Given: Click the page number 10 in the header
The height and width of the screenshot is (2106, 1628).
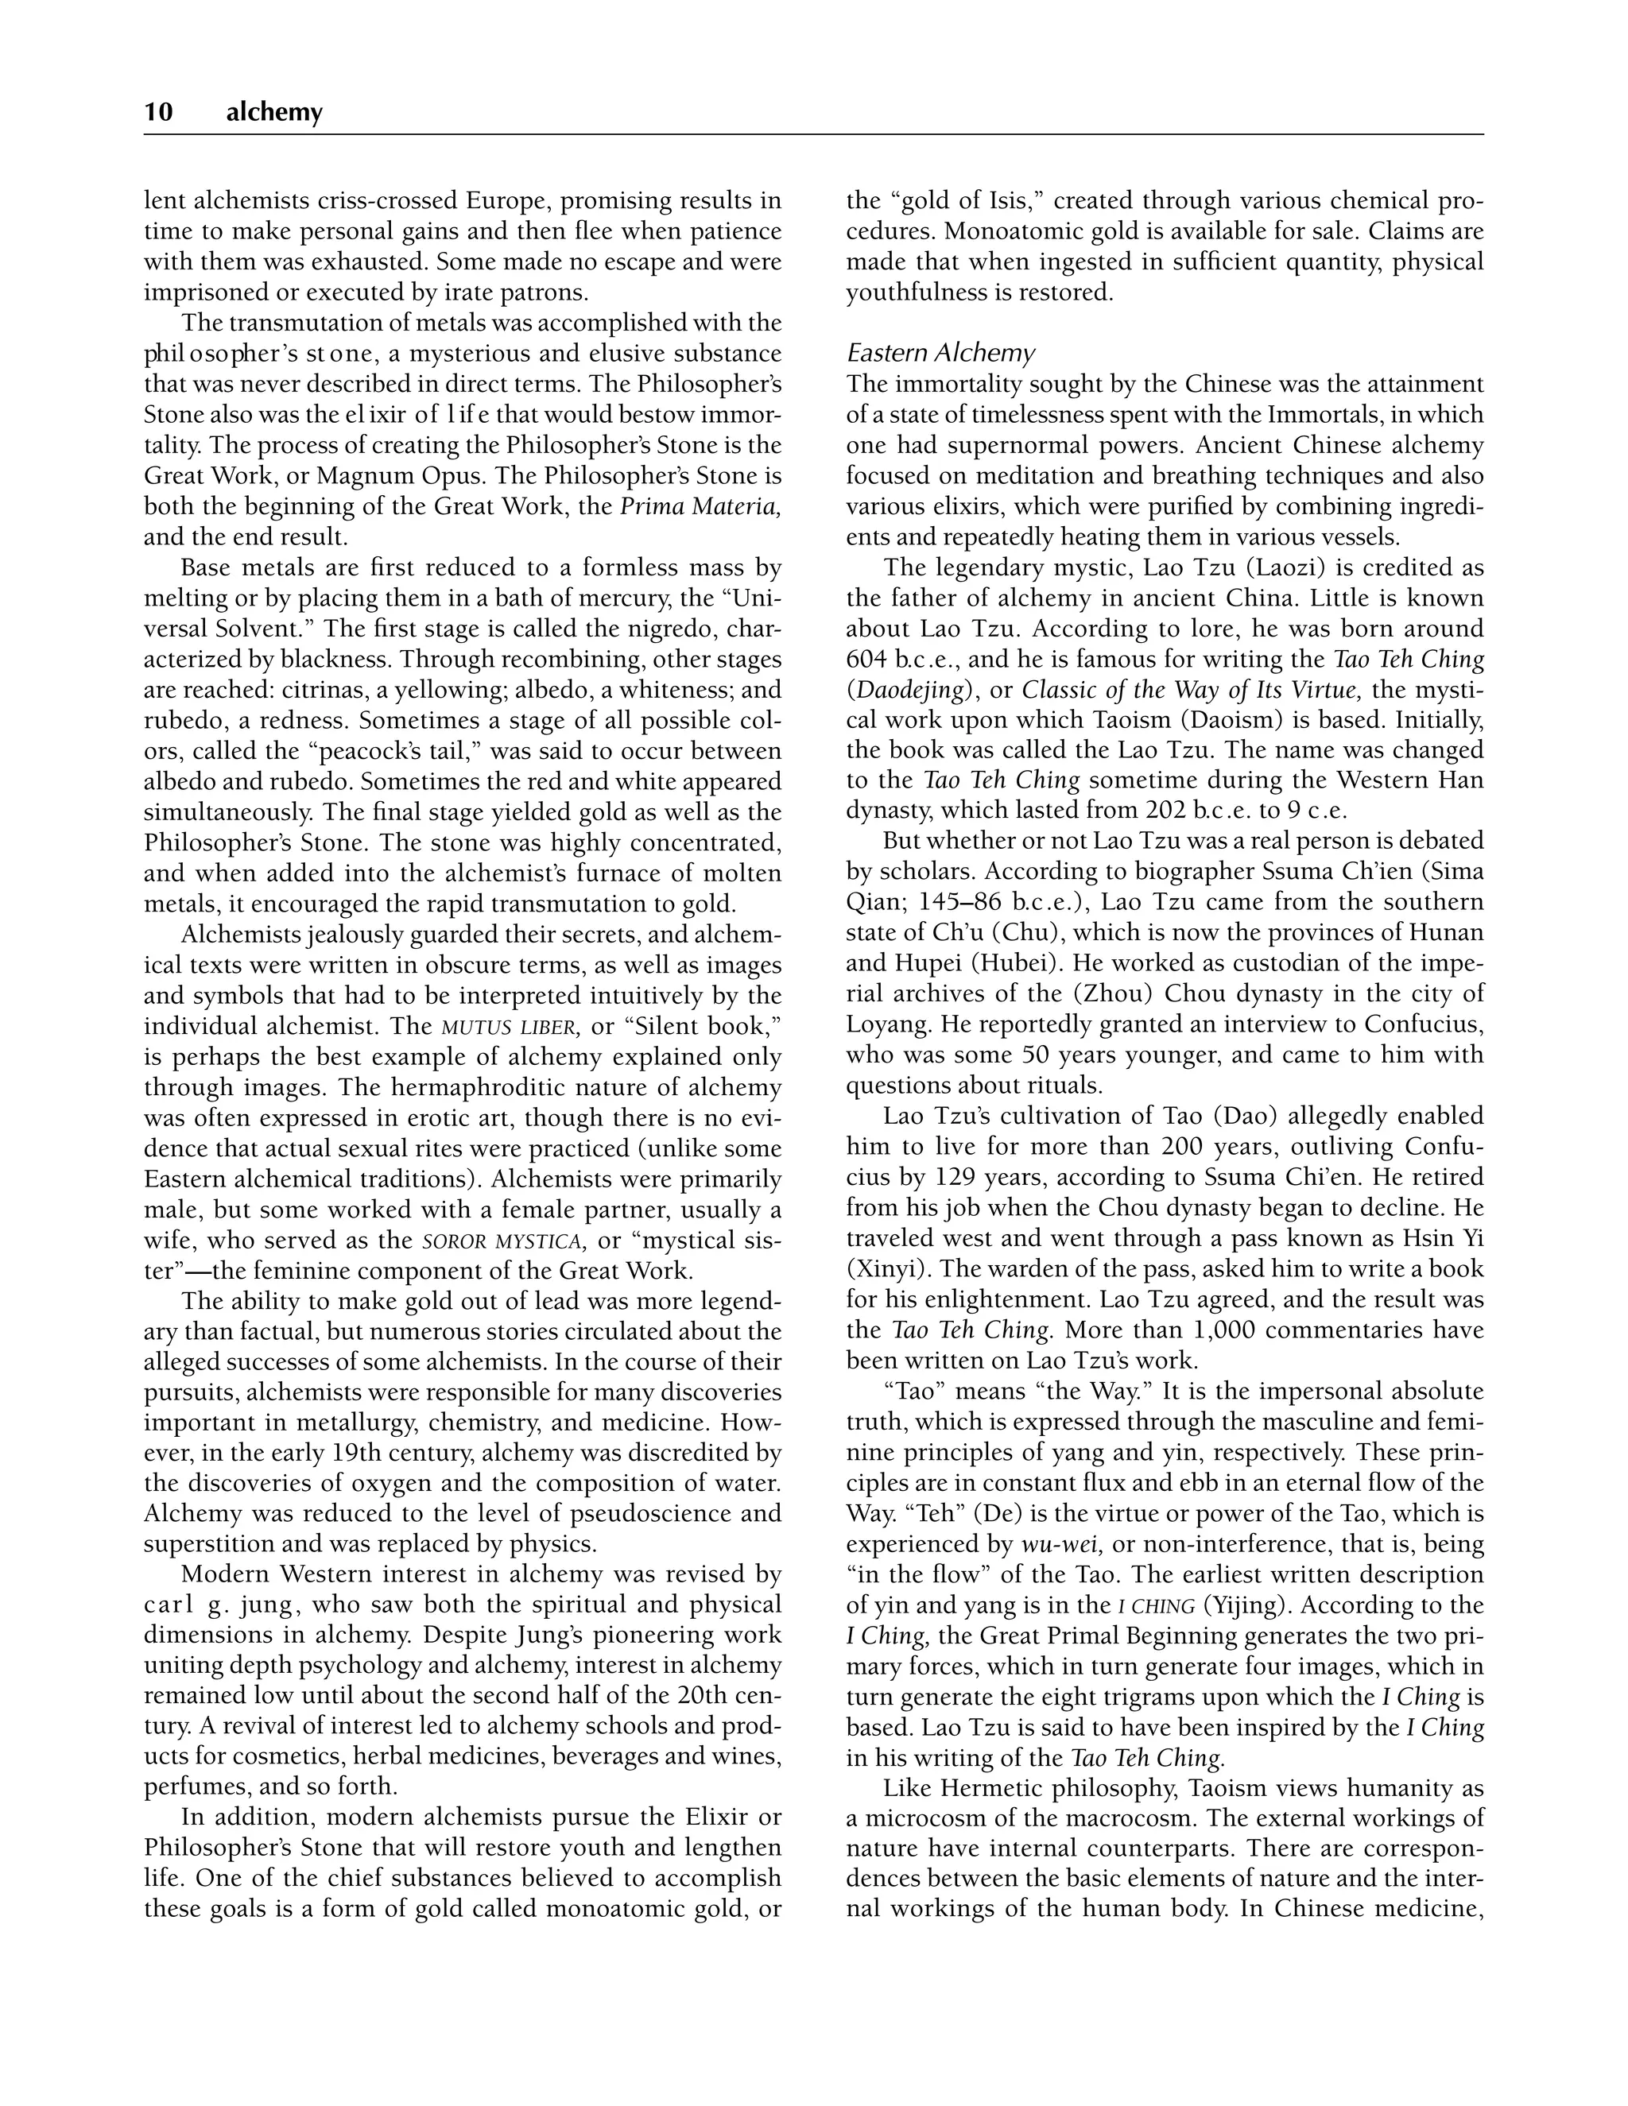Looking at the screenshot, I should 158,113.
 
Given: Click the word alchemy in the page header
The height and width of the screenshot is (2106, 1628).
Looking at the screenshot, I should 274,113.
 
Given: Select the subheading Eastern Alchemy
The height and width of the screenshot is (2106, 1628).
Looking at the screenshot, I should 940,353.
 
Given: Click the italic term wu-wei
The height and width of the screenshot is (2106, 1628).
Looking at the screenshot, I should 1062,1545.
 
